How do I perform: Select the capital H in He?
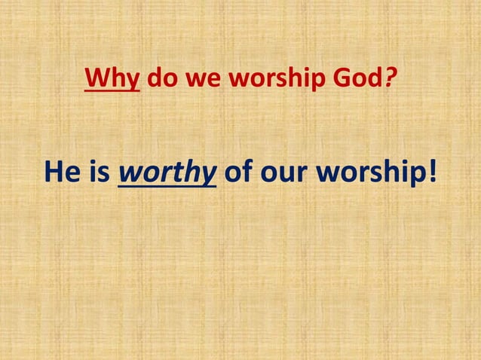click(54, 172)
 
